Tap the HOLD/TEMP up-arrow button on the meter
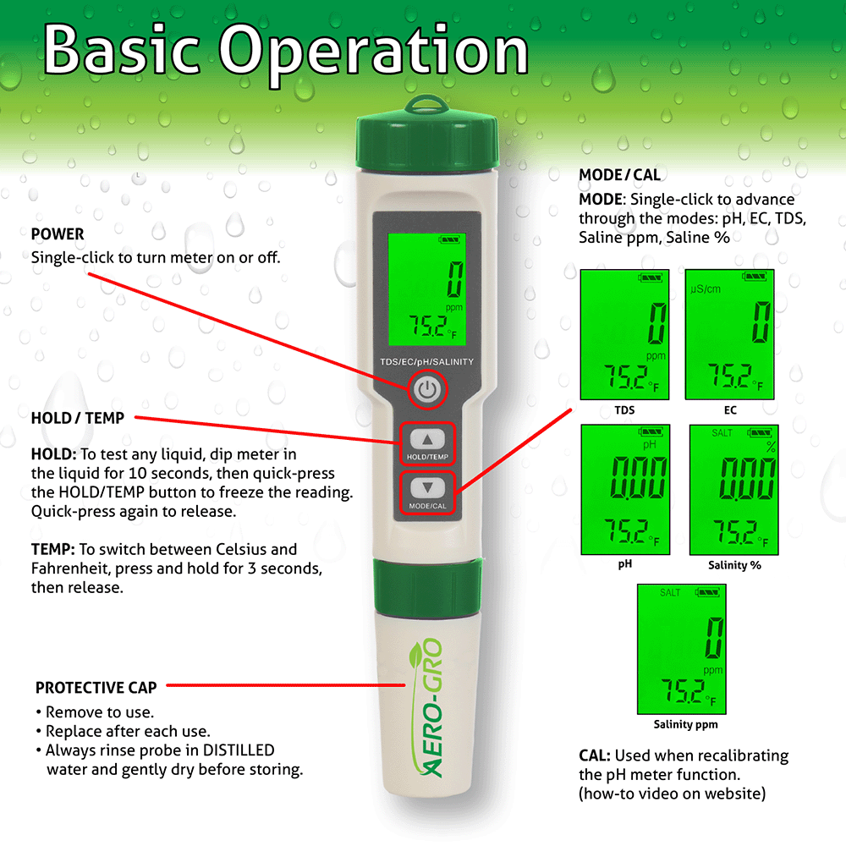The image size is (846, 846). tap(427, 440)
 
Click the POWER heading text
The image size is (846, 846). tap(58, 234)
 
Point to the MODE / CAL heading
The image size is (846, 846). tap(619, 176)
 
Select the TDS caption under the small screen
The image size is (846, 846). tap(624, 410)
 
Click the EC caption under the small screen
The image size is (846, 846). tap(730, 410)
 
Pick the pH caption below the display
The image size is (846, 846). tap(624, 563)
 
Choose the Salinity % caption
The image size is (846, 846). tap(733, 564)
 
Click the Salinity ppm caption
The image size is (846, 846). tap(686, 725)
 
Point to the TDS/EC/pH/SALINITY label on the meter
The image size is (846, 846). tap(427, 362)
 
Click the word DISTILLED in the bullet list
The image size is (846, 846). tap(236, 750)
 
